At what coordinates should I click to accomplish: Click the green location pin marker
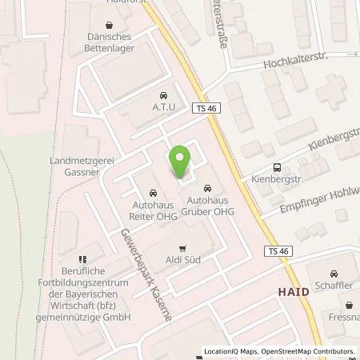pos(181,160)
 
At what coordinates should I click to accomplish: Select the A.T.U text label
pos(163,106)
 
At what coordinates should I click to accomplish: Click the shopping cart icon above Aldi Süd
pos(182,248)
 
